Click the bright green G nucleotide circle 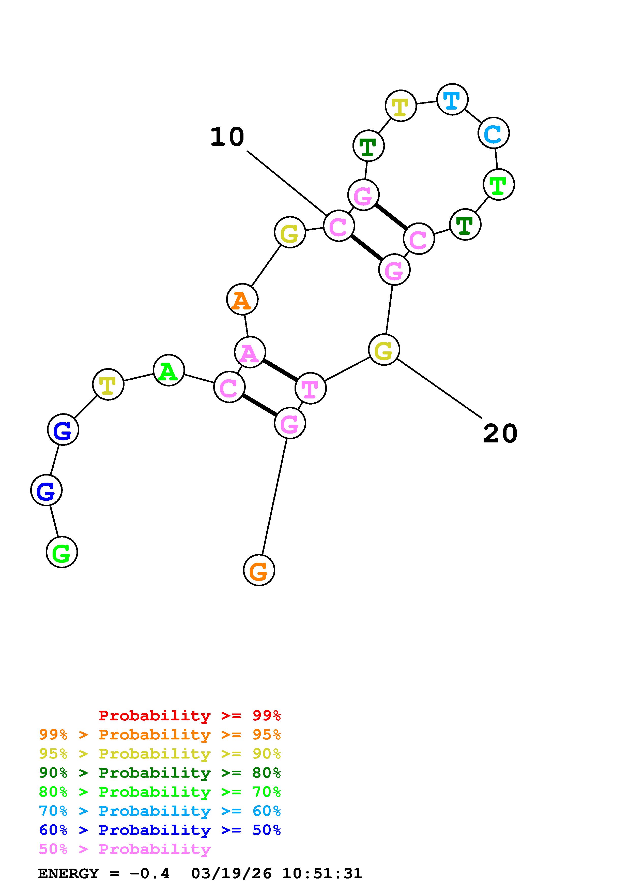(62, 552)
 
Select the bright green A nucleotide (168, 370)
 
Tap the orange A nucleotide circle (242, 300)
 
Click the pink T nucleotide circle (310, 388)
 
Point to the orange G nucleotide (259, 570)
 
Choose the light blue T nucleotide (452, 99)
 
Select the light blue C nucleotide (493, 133)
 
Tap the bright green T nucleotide (499, 185)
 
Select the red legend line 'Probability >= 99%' (190, 716)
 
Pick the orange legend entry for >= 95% (160, 735)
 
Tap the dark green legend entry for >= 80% (160, 773)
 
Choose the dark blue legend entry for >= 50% (160, 830)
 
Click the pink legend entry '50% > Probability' (125, 849)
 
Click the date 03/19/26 (231, 874)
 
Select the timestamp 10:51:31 (322, 874)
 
